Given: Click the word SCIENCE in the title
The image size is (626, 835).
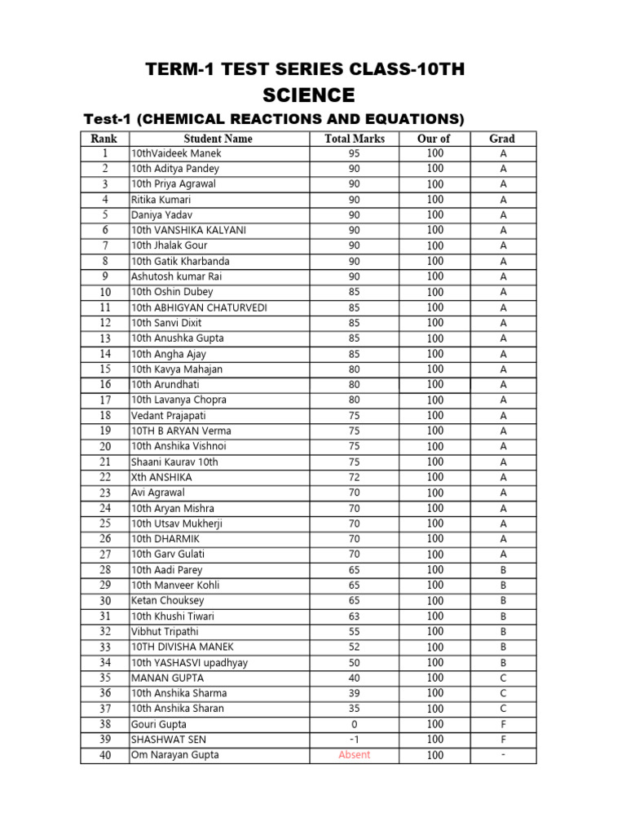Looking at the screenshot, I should (305, 95).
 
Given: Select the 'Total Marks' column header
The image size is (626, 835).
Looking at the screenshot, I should (355, 139).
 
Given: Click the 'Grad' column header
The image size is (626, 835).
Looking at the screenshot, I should (502, 139).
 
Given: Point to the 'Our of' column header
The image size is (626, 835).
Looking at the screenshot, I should (434, 139).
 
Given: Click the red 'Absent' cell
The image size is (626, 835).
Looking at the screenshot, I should (355, 755).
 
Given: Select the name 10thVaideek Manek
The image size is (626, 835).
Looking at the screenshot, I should (176, 153).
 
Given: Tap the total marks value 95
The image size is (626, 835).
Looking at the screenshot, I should (355, 153).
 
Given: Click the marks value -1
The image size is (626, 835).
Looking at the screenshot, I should (355, 740).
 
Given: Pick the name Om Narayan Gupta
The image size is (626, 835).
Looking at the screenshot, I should (175, 755).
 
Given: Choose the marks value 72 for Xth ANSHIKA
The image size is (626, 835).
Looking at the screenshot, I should (355, 477).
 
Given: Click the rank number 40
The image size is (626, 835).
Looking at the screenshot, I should (105, 755).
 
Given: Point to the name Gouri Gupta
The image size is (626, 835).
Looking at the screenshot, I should (159, 724).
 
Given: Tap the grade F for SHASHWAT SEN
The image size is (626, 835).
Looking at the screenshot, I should (503, 740).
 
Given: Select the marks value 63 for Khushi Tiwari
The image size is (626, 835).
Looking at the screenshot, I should (355, 616).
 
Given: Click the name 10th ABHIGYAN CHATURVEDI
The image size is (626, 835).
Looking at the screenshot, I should (199, 307).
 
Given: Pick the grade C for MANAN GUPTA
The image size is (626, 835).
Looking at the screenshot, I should (503, 678).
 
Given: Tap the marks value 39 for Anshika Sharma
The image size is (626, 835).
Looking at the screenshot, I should (355, 693).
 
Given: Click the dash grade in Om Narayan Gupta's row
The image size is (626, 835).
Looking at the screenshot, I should (503, 755).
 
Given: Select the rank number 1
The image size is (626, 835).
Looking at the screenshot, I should (105, 153).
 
